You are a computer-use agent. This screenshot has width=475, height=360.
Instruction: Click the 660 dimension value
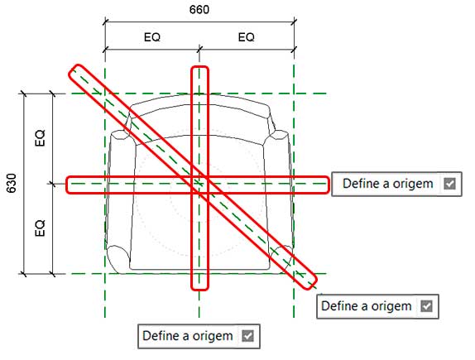(x=199, y=10)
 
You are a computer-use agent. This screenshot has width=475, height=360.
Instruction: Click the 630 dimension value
(x=12, y=183)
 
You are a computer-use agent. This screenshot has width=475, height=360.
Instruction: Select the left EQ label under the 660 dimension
(x=152, y=37)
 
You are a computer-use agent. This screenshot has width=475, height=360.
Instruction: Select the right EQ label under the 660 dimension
(x=246, y=37)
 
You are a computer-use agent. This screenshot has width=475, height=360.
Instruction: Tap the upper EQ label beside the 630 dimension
(x=40, y=138)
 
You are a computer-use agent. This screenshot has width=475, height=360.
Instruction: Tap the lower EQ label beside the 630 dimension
(x=40, y=228)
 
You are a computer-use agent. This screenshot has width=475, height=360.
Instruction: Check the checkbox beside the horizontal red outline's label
(x=449, y=184)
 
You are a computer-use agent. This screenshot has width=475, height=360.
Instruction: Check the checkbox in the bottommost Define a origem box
(x=247, y=336)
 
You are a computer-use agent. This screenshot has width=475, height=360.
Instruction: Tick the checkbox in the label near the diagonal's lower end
(x=426, y=306)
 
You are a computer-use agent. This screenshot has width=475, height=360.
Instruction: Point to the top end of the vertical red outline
(x=199, y=67)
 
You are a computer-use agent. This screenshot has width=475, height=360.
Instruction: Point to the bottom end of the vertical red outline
(x=199, y=290)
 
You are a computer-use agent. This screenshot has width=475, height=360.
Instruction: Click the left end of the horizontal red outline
(x=67, y=185)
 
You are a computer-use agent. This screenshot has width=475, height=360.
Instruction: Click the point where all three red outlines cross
(x=199, y=184)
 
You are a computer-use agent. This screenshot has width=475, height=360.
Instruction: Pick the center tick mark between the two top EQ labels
(x=199, y=49)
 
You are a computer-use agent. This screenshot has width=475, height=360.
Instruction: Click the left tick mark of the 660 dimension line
(x=105, y=22)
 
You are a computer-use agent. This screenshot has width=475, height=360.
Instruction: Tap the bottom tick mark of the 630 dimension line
(x=24, y=274)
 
